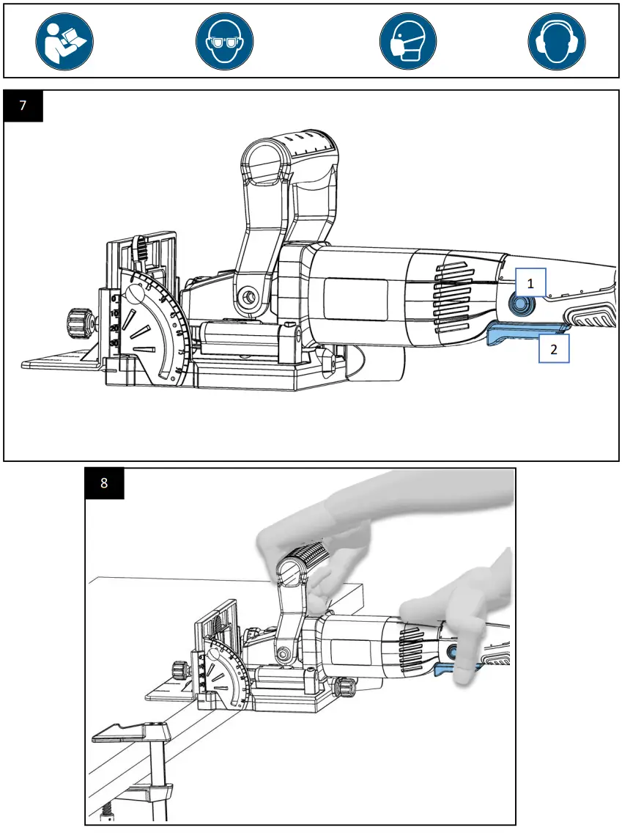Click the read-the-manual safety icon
tap(64, 41)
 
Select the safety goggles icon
tap(224, 41)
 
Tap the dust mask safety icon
tap(408, 41)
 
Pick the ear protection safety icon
tap(557, 41)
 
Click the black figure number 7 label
tap(23, 106)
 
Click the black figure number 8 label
tap(104, 483)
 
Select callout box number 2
tap(555, 349)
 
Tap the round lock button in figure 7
tap(521, 304)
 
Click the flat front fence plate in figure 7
tap(60, 362)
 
